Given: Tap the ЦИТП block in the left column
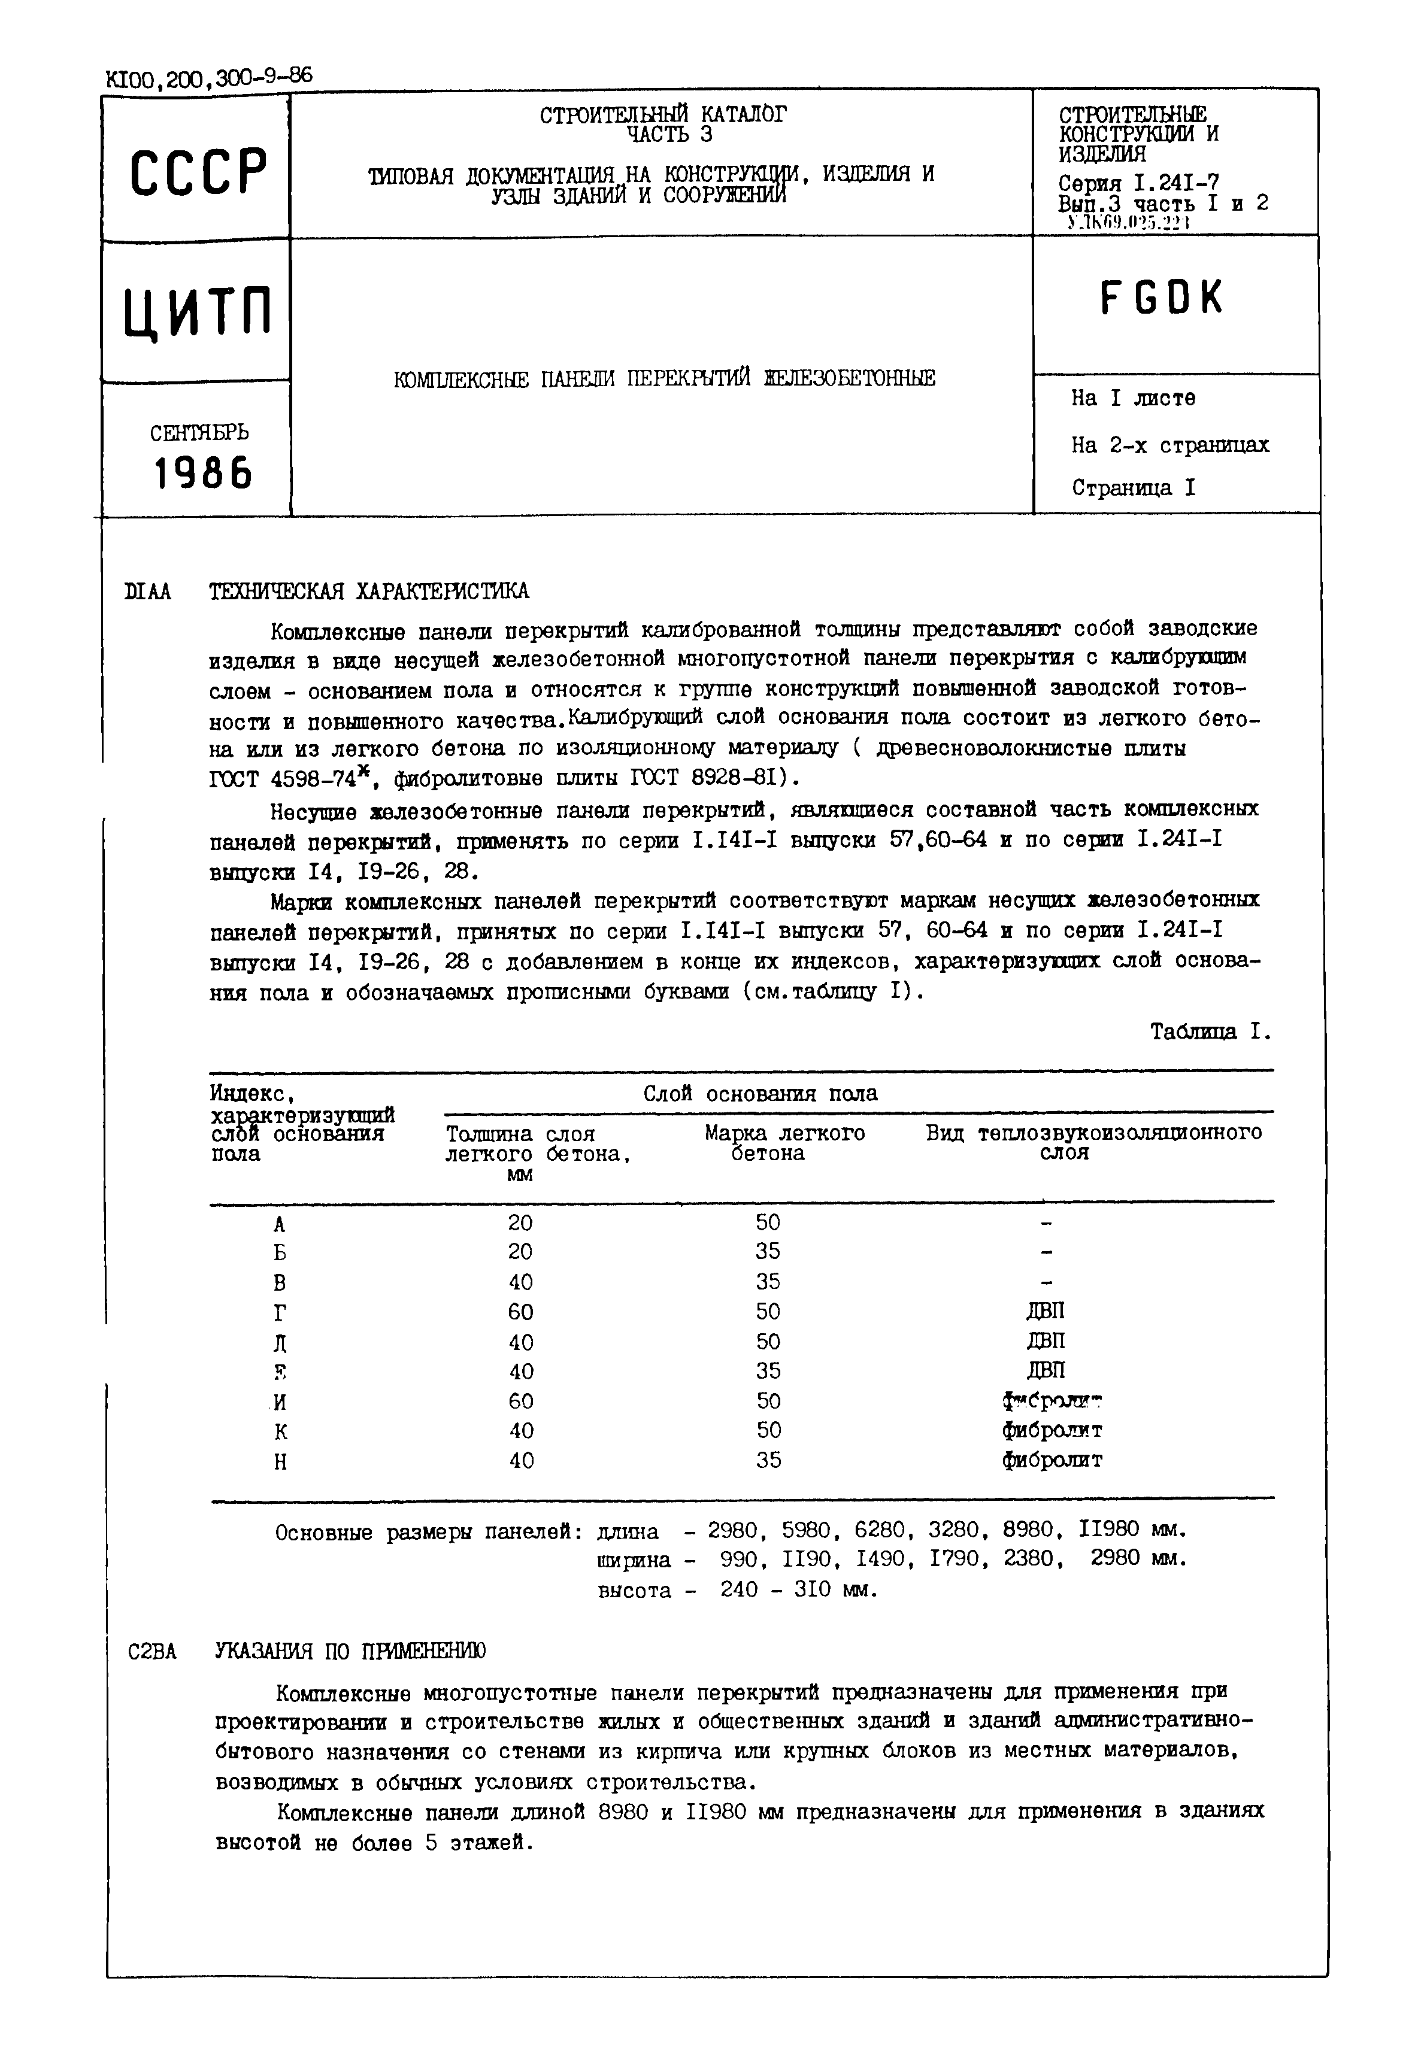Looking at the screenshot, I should pos(198,312).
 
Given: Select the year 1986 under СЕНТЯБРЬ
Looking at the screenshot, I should pos(203,474).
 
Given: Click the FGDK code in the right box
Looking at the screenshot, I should pos(1162,299).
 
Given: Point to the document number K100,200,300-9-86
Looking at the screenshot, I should pos(208,78).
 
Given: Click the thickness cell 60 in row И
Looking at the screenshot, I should pos(522,1401).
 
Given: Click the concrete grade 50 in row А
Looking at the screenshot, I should pos(768,1223).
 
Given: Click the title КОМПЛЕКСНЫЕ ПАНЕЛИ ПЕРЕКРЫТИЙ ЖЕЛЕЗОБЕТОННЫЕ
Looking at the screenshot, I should pos(664,380).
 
